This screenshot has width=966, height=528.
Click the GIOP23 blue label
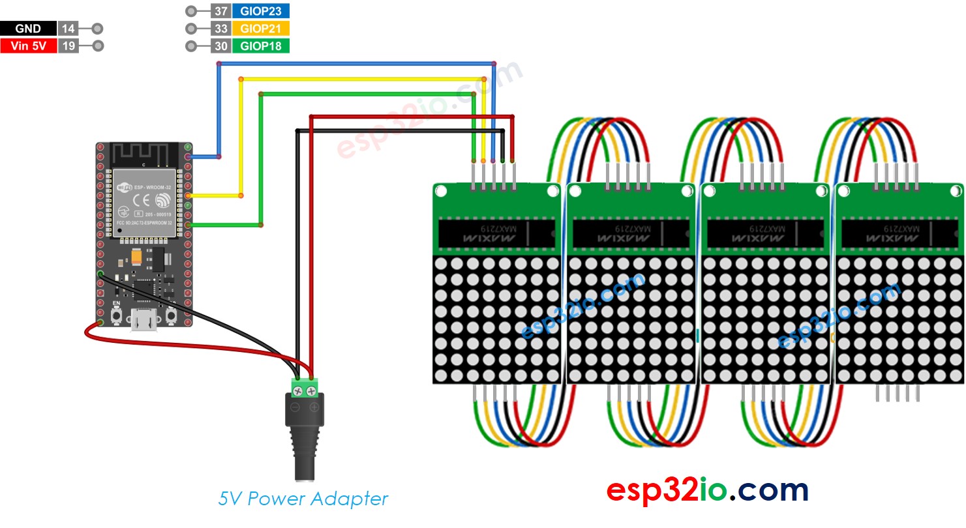(261, 11)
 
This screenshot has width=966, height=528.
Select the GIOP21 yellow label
(261, 29)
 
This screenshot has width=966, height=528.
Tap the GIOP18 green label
(261, 46)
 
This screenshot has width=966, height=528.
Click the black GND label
(28, 29)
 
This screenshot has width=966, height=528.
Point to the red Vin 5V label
(28, 46)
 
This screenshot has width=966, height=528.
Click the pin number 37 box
(220, 11)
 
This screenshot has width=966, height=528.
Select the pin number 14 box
(68, 29)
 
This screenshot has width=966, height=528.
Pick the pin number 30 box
(220, 46)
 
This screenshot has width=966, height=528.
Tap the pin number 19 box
(68, 46)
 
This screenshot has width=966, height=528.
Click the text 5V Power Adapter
(303, 499)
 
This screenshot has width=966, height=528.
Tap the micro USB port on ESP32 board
(143, 320)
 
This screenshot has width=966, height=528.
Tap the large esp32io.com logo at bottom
(707, 490)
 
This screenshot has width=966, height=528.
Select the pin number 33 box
(220, 29)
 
